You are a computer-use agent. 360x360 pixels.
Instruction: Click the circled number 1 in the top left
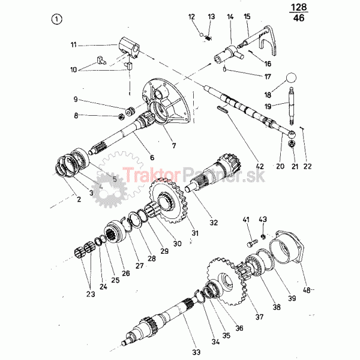coord(56,19)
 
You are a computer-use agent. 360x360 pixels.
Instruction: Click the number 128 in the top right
coord(298,7)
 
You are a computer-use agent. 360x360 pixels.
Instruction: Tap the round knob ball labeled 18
coord(291,77)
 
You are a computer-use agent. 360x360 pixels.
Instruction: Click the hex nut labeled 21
coord(292,144)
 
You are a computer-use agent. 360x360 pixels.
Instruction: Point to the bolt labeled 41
coord(253,244)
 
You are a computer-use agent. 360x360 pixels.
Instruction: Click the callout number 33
coord(196,352)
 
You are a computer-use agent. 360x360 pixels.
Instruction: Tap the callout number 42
coord(259,166)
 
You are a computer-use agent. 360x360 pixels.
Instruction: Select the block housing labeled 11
coord(129,47)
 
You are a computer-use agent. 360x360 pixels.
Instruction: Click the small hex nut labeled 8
coord(121,117)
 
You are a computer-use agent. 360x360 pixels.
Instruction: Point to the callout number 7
coord(174,145)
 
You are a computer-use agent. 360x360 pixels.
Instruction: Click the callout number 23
coord(91,294)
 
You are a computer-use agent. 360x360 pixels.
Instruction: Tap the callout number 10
coord(73,70)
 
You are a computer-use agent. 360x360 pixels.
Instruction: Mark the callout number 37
coord(259,317)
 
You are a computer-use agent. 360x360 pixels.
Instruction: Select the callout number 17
coord(268,76)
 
